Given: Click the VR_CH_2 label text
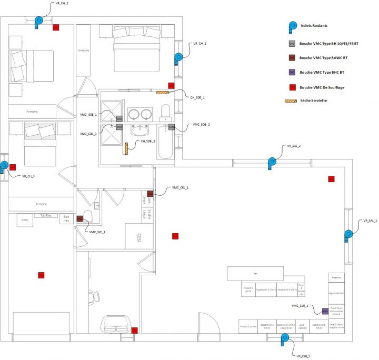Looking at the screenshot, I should tap(62, 3).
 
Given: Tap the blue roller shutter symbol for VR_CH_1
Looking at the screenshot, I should tap(178, 57).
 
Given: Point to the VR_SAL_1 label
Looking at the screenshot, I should tap(370, 221).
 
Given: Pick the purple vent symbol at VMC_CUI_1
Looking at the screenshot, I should tap(325, 311).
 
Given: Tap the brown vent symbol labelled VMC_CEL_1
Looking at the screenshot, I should tap(150, 194).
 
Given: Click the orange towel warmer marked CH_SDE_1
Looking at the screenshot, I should tap(163, 93).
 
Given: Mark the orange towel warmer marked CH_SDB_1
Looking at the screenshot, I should tap(126, 149).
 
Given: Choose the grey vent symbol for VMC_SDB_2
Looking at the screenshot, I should tap(172, 127).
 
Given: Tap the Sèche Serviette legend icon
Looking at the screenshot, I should tap(291, 100).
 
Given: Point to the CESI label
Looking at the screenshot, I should tap(139, 236).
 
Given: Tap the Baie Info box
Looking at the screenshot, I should tap(66, 218).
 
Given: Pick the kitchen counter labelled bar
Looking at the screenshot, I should tap(255, 274).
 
